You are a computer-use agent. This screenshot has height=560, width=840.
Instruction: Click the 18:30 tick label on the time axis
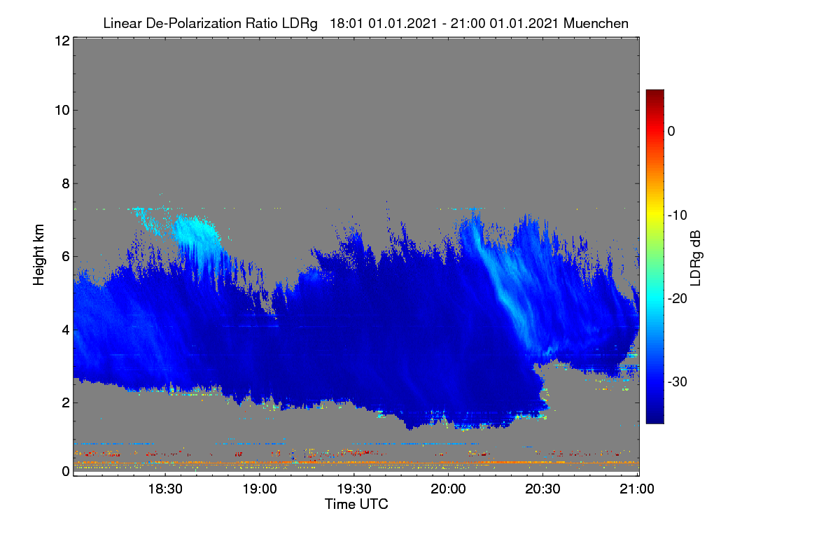click(x=165, y=489)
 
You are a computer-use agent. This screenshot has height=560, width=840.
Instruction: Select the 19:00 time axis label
click(x=260, y=489)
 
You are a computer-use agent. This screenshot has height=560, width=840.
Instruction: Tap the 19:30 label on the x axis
click(x=354, y=489)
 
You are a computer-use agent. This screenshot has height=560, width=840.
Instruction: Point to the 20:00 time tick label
click(x=448, y=489)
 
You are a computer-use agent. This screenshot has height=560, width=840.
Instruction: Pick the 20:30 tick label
click(x=542, y=489)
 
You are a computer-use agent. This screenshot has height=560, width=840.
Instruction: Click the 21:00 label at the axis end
click(x=637, y=489)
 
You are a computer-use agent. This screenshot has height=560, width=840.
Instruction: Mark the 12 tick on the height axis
click(x=62, y=41)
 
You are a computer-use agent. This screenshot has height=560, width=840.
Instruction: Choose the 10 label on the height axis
click(x=62, y=111)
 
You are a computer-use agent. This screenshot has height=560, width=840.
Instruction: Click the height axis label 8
click(x=66, y=183)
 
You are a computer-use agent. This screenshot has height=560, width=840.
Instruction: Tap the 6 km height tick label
click(x=66, y=257)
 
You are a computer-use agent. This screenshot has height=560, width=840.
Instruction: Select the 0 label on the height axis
click(x=66, y=472)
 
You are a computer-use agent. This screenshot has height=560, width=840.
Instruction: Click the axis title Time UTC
click(x=356, y=504)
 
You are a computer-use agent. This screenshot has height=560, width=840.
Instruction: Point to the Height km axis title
click(x=38, y=255)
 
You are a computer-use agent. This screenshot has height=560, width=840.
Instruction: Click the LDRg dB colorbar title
click(x=696, y=258)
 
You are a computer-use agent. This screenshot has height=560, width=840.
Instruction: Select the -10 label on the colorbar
click(x=678, y=216)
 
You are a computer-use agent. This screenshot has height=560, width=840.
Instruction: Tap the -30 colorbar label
click(x=678, y=381)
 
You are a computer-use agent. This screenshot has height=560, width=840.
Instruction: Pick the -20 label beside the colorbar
click(x=678, y=299)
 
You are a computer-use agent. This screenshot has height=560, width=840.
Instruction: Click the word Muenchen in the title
click(x=596, y=23)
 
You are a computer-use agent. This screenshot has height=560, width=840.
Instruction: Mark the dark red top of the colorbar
click(x=654, y=93)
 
